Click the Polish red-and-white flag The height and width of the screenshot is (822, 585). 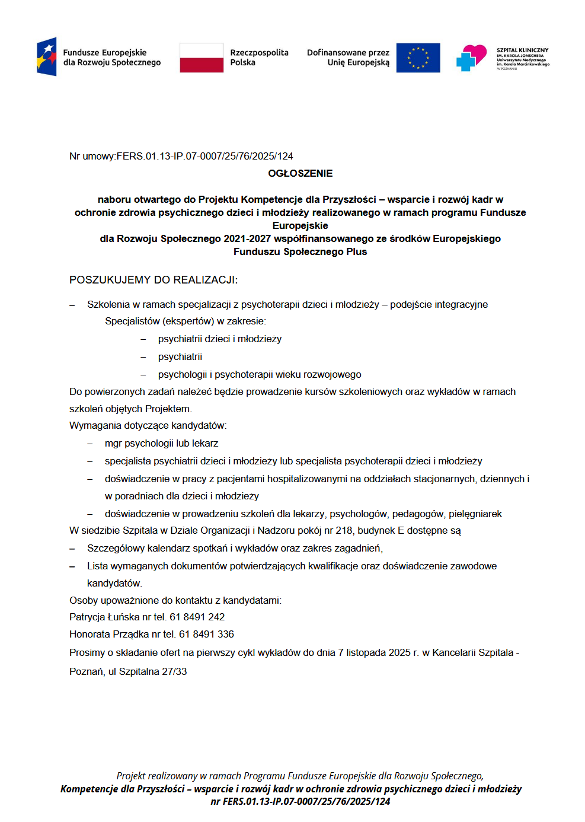(202, 58)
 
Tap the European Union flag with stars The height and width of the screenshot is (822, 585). (418, 58)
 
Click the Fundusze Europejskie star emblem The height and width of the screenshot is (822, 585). (47, 57)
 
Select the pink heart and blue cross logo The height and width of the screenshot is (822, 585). (471, 58)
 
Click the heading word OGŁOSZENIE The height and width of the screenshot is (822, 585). (300, 173)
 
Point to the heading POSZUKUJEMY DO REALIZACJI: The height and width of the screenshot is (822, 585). (154, 280)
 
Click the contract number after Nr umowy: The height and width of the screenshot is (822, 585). (204, 156)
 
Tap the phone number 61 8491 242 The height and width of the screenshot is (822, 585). (197, 617)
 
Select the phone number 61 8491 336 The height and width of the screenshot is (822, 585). (206, 634)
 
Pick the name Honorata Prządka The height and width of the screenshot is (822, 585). (109, 634)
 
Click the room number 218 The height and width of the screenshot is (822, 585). (344, 530)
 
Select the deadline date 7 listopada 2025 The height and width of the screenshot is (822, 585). (372, 652)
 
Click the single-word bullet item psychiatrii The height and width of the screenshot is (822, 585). (180, 356)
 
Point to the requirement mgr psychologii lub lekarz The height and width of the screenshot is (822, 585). (161, 443)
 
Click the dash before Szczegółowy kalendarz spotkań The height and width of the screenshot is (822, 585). (72, 549)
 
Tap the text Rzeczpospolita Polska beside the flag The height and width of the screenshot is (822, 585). (259, 58)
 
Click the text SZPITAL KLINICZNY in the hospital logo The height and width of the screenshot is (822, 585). (522, 50)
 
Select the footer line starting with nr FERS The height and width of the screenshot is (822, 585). (300, 801)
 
